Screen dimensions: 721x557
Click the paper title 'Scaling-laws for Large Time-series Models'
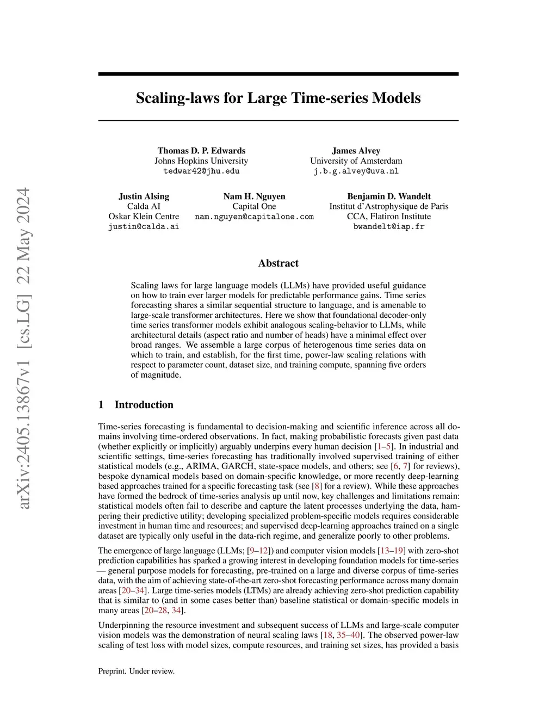pos(278,98)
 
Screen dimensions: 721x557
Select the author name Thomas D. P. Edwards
pos(201,151)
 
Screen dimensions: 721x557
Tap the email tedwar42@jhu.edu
pos(201,171)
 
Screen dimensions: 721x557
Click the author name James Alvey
pos(356,151)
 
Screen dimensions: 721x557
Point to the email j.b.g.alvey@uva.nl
pos(356,171)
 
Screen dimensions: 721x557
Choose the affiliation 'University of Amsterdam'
pos(356,161)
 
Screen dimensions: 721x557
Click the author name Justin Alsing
pos(144,196)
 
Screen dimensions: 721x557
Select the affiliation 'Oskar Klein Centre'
pos(144,217)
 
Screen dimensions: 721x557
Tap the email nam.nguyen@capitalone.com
pos(254,217)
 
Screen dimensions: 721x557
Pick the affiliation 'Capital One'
pos(254,207)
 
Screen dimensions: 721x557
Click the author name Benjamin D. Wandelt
pos(389,196)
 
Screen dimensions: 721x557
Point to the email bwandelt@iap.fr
pos(389,226)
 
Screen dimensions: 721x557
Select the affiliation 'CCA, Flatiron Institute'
pos(389,217)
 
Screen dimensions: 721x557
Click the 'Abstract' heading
pos(278,263)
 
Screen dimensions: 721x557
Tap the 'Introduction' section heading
pos(144,405)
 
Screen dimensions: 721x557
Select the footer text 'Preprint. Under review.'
pos(136,671)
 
